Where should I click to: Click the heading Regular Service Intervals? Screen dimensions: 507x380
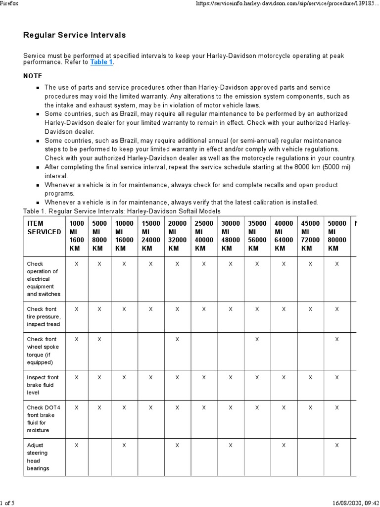75,35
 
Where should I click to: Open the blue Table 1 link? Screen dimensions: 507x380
101,62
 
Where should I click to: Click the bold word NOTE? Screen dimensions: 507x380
33,76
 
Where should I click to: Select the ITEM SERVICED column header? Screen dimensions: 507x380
44,228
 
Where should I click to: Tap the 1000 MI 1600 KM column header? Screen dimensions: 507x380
76,236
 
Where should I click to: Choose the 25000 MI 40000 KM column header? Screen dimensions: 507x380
204,236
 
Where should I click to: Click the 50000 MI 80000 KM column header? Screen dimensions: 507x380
337,236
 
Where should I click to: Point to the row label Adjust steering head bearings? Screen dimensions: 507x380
39,456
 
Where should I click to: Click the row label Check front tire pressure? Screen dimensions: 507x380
44,316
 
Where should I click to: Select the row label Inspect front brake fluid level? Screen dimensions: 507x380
43,385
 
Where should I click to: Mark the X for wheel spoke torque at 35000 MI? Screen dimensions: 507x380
257,339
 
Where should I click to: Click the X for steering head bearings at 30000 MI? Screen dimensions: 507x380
230,445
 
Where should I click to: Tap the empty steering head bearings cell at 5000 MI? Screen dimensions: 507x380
100,456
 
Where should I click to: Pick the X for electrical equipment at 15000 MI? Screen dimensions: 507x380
150,264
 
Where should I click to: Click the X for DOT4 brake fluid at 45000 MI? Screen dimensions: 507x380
310,407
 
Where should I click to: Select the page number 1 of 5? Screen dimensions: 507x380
7,503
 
